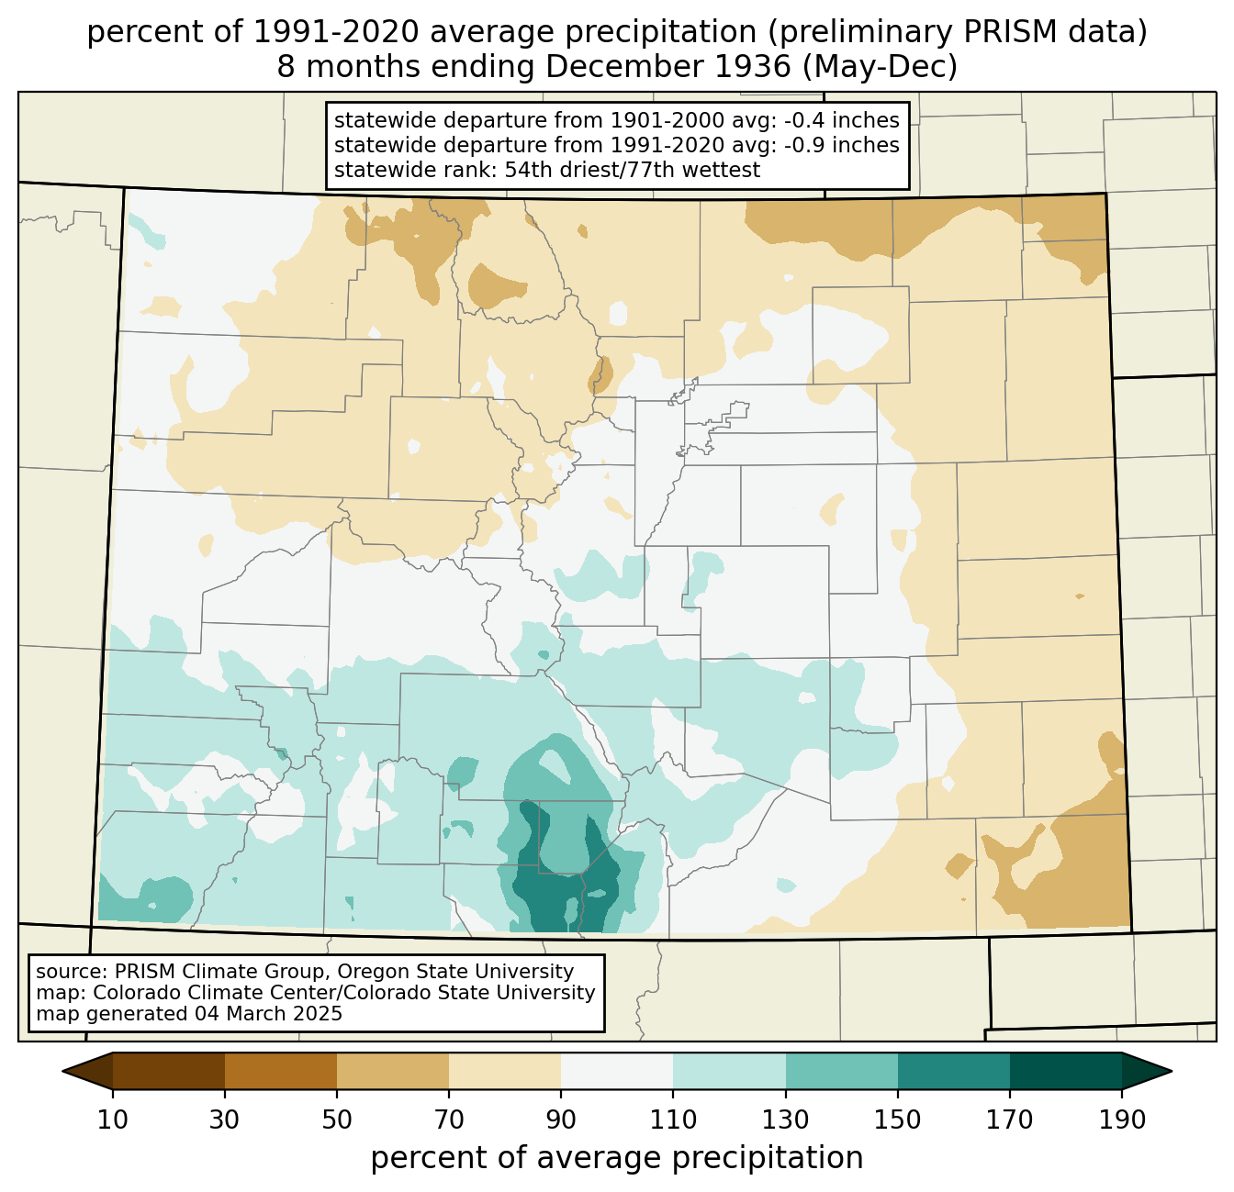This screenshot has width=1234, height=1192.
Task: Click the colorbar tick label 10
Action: click(x=112, y=1120)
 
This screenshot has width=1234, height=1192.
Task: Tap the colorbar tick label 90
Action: click(x=561, y=1120)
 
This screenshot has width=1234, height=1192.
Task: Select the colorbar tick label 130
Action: click(x=785, y=1120)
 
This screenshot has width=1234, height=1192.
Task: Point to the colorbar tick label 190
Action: click(x=1122, y=1120)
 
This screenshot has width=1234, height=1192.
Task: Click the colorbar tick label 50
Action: click(x=337, y=1120)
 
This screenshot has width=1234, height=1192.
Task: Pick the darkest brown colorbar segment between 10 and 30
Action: click(x=169, y=1071)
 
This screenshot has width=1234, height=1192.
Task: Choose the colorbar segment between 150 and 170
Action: click(x=953, y=1071)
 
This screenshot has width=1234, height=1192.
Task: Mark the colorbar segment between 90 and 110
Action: click(x=617, y=1071)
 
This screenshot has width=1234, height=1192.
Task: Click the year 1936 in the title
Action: click(x=753, y=67)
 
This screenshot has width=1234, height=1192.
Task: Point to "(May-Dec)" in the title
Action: click(x=880, y=67)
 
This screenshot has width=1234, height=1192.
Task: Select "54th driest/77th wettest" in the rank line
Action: click(x=633, y=170)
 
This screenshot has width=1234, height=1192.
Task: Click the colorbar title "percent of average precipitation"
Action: click(x=616, y=1157)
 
